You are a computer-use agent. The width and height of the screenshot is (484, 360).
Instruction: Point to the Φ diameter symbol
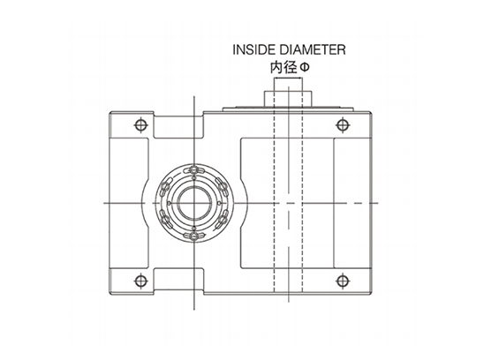coord(305,68)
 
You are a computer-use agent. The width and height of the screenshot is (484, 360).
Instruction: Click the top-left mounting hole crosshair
coord(140,125)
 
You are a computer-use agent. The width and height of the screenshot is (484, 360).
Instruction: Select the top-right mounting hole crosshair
coord(342,125)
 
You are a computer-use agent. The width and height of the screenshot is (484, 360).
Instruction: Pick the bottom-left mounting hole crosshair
coord(140,281)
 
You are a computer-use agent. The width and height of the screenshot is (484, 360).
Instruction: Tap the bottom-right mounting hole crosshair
coord(342,281)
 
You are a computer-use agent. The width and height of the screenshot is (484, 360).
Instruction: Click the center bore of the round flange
coord(194,203)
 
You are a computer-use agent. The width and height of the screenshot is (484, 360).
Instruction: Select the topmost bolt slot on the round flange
coord(193,170)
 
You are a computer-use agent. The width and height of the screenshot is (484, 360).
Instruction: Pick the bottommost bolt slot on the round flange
coord(193,236)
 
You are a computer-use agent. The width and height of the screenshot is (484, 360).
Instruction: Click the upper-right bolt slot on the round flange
coord(223,185)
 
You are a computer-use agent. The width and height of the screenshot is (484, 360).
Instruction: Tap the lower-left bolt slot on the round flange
coord(165,220)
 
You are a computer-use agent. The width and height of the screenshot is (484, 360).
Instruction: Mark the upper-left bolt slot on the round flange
coord(165,186)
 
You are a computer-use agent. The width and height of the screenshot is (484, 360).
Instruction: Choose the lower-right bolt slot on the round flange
coord(223,220)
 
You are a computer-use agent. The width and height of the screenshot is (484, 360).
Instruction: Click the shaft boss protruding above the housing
coord(288,99)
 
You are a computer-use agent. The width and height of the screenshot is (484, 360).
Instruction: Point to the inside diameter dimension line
coord(288,79)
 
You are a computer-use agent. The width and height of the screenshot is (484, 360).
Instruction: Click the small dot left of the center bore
coord(169,203)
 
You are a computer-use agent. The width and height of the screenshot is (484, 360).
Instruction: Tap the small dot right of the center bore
coord(219,203)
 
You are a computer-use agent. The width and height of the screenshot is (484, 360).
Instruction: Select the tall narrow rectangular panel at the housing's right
coord(352,203)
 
